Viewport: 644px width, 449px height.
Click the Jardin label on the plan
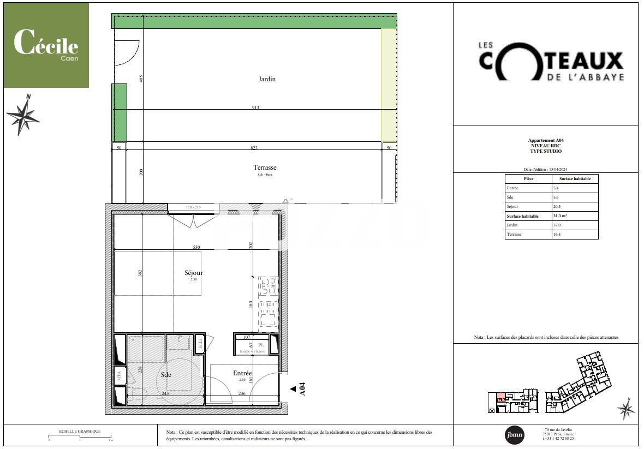point(267,79)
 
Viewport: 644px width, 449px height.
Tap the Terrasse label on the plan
point(265,167)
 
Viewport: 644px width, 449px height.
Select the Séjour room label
point(194,273)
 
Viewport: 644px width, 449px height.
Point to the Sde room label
point(166,375)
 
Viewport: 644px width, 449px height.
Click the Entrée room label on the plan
point(242,373)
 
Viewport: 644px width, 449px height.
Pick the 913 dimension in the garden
point(255,107)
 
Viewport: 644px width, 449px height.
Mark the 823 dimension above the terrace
point(254,148)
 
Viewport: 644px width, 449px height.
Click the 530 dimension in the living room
point(196,248)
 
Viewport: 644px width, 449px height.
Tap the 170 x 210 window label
point(193,207)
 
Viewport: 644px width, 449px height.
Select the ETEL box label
point(200,344)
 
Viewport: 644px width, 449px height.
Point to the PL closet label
point(261,345)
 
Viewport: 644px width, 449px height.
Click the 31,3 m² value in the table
point(562,216)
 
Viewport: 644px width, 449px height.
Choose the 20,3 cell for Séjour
point(557,207)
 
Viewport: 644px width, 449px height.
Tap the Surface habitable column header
point(575,178)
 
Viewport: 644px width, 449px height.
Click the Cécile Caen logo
point(46,45)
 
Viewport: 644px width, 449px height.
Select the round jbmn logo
point(514,434)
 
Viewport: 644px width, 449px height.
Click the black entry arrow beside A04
point(294,388)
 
